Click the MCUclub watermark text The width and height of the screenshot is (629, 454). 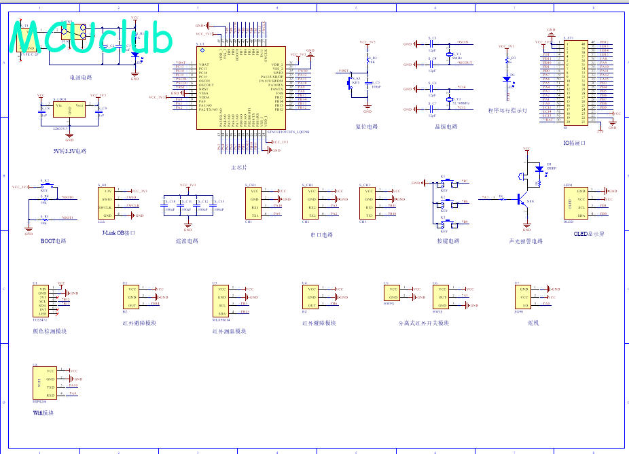click(92, 39)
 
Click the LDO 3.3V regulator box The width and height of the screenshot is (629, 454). click(69, 111)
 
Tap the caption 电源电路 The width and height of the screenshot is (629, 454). click(81, 77)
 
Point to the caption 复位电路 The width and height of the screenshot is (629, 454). click(366, 126)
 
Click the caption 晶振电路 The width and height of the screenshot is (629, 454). click(446, 126)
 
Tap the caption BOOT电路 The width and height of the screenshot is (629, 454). click(54, 241)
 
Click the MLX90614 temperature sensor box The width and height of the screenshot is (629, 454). click(221, 300)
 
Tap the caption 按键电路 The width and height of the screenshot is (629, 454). click(448, 241)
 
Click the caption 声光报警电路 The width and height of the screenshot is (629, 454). click(526, 241)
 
